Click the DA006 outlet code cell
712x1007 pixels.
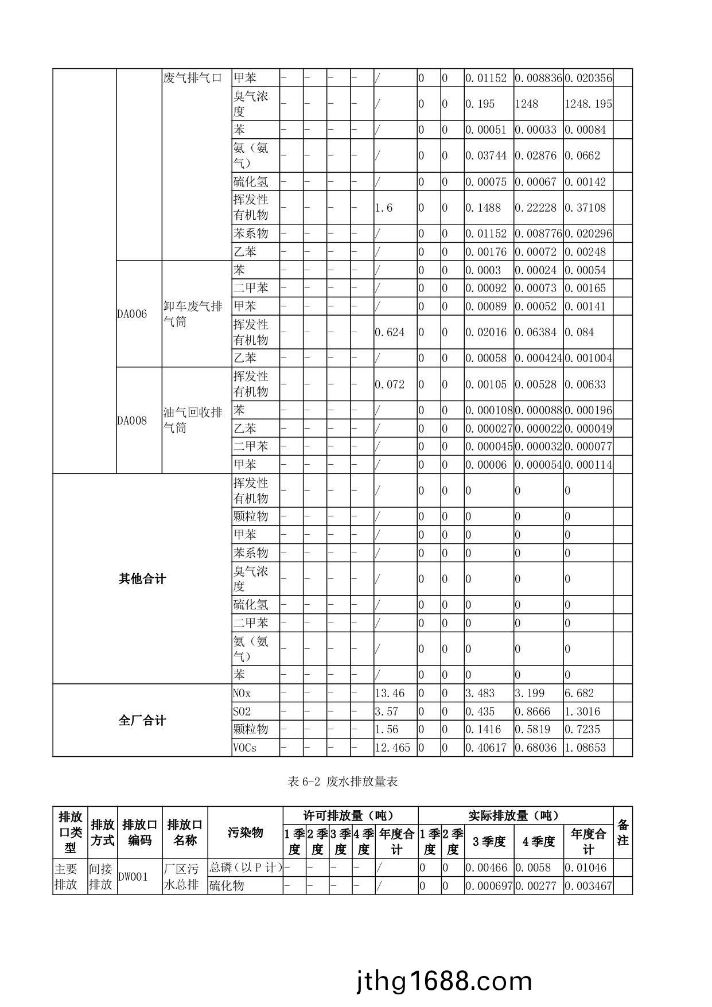pyautogui.click(x=132, y=314)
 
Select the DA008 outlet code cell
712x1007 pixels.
pyautogui.click(x=132, y=421)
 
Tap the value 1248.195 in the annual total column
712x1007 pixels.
pyautogui.click(x=588, y=104)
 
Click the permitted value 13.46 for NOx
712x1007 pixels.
pyautogui.click(x=390, y=693)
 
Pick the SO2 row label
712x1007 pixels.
pyautogui.click(x=242, y=711)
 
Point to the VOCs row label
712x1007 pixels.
pyautogui.click(x=244, y=748)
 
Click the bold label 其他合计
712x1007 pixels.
pyautogui.click(x=142, y=579)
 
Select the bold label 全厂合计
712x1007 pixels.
pyautogui.click(x=142, y=721)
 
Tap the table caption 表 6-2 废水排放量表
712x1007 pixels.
pyautogui.click(x=343, y=782)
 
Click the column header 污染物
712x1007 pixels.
pyautogui.click(x=245, y=833)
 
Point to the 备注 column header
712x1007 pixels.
pyautogui.click(x=622, y=833)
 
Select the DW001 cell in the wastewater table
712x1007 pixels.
pyautogui.click(x=133, y=877)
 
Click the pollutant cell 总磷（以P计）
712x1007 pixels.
pyautogui.click(x=245, y=868)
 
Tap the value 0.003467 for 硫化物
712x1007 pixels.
pyautogui.click(x=588, y=885)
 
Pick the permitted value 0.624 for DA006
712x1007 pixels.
pyautogui.click(x=390, y=332)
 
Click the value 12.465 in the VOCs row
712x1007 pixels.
pyautogui.click(x=393, y=748)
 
